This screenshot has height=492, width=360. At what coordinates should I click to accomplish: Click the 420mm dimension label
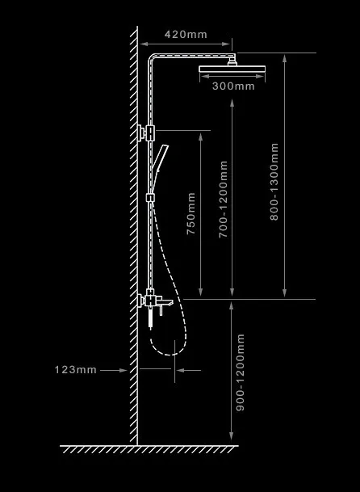click(x=186, y=35)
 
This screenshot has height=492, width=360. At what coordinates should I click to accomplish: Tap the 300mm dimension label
click(x=233, y=86)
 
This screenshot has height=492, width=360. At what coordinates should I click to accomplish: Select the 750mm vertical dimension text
click(x=191, y=213)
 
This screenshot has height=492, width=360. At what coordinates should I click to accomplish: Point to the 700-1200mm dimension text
click(x=223, y=200)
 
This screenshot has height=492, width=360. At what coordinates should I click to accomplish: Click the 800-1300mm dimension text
click(x=274, y=182)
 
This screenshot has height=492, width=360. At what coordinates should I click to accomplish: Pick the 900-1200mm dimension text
click(x=241, y=372)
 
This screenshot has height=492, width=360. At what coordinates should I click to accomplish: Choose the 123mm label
click(x=76, y=370)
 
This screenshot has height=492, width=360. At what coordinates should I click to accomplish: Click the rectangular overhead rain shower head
click(x=232, y=69)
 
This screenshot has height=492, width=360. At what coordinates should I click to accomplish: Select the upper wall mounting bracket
click(x=146, y=133)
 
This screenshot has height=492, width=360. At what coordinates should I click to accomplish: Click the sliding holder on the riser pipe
click(x=150, y=198)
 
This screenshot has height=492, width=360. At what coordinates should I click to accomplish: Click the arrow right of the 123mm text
click(x=114, y=370)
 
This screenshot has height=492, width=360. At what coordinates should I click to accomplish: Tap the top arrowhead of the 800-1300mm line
click(x=284, y=58)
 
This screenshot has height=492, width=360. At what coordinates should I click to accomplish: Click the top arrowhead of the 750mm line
click(x=201, y=137)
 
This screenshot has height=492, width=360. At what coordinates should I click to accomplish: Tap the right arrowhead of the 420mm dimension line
click(x=226, y=44)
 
